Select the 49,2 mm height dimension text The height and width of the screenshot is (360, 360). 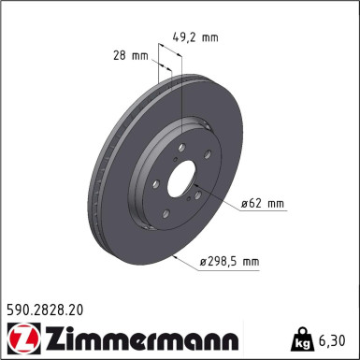click(195, 38)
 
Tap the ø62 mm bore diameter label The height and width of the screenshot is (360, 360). click(263, 203)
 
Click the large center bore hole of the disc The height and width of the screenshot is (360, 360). click(180, 175)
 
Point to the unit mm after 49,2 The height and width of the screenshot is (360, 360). click(209, 38)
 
